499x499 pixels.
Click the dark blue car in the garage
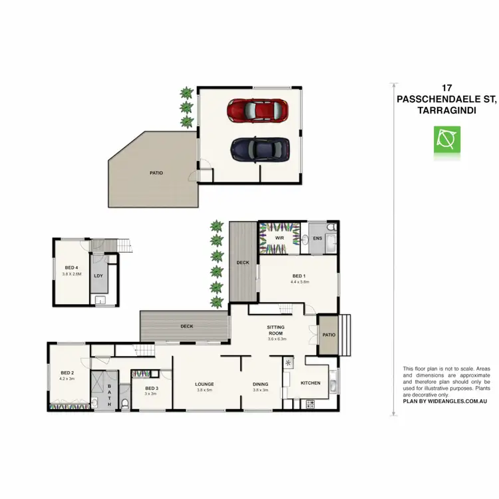pos(260,149)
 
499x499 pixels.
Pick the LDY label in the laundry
pos(98,275)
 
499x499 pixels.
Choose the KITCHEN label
pos(311,383)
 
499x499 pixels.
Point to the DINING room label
pos(260,384)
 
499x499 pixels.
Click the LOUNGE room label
pos(204,384)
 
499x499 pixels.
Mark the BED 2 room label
pos(67,373)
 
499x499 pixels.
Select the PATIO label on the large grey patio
pos(156,173)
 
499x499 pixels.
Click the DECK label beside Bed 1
pos(243,263)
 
